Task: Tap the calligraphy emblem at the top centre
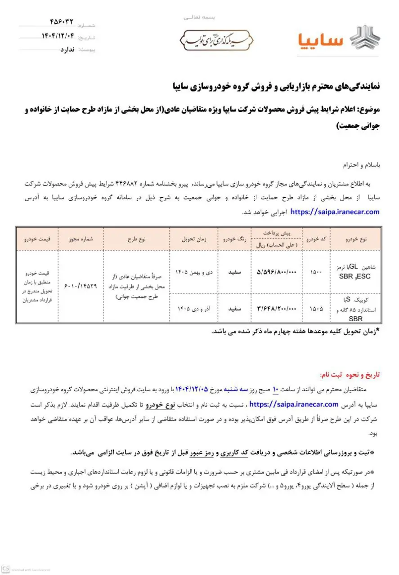(x=217, y=40)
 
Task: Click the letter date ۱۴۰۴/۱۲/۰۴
(x=57, y=36)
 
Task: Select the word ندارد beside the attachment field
(x=67, y=49)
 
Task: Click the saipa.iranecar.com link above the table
(x=335, y=212)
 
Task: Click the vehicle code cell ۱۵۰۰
(x=316, y=272)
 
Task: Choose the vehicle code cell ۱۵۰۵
(x=316, y=309)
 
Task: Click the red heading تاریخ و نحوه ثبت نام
(x=349, y=375)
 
